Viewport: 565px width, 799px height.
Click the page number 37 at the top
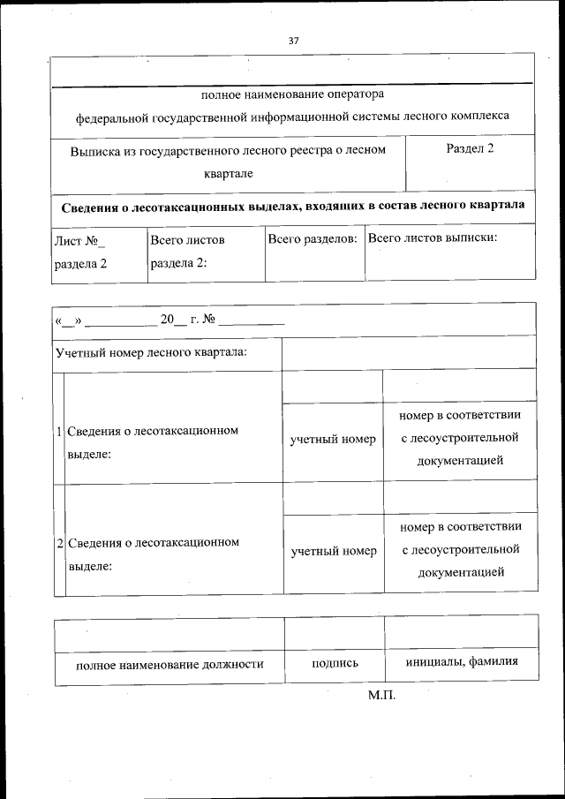(293, 40)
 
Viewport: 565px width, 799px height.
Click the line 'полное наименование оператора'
(293, 94)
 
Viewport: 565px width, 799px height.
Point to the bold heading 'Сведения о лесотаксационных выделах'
(292, 206)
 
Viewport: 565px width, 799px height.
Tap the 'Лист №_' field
(79, 239)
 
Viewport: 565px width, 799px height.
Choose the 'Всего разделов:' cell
(314, 239)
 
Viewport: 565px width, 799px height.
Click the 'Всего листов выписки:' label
(432, 238)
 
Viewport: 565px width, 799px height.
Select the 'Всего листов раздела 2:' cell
(187, 251)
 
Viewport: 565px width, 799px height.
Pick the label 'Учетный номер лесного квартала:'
(151, 353)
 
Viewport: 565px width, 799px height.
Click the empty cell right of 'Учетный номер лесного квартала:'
(408, 353)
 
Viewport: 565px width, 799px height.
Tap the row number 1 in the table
(58, 432)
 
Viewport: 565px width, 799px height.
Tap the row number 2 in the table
(58, 543)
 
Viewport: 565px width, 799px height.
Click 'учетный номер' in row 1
(333, 439)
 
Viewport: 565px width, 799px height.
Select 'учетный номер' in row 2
(334, 551)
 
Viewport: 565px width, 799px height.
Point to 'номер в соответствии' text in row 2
(459, 527)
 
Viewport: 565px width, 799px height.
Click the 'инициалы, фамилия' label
(461, 663)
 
